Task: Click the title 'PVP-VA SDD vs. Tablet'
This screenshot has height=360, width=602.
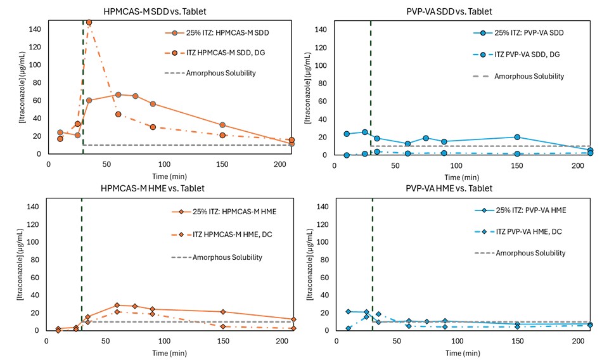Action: (x=450, y=11)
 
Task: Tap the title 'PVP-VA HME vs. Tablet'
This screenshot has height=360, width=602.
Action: (x=450, y=188)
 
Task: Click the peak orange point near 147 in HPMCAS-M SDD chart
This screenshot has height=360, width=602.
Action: (x=89, y=23)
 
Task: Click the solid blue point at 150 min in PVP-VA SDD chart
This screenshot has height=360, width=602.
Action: (x=517, y=137)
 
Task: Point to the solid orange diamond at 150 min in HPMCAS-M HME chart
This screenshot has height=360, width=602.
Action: (x=223, y=312)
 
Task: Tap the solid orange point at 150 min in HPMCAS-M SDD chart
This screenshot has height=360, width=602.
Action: (x=222, y=125)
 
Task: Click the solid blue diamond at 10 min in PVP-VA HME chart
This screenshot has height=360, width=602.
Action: (x=348, y=311)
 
